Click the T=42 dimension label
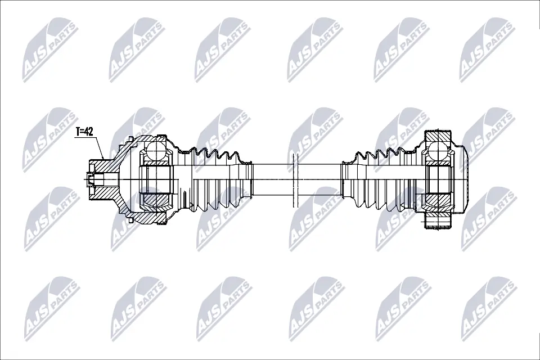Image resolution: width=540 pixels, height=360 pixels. point(84,132)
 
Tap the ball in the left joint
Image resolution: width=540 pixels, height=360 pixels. point(156,151)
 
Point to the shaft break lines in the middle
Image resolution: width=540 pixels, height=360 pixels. point(295,180)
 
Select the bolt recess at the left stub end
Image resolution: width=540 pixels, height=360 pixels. point(94,179)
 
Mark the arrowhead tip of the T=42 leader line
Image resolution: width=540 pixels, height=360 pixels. point(103,160)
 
